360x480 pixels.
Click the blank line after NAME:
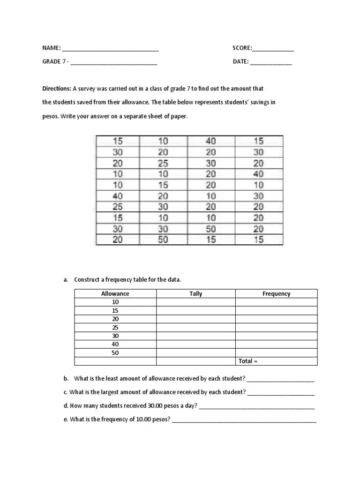(x=110, y=49)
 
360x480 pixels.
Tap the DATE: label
(x=240, y=61)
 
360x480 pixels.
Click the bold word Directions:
(x=57, y=88)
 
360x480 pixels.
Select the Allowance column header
(x=115, y=294)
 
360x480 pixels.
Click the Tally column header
(x=196, y=294)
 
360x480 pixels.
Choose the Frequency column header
(x=276, y=294)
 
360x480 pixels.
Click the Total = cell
(x=248, y=361)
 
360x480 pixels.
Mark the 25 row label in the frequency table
(x=115, y=328)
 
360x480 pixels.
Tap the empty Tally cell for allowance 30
(x=196, y=336)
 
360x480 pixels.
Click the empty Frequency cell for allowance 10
(x=276, y=302)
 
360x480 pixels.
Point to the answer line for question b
(x=280, y=379)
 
